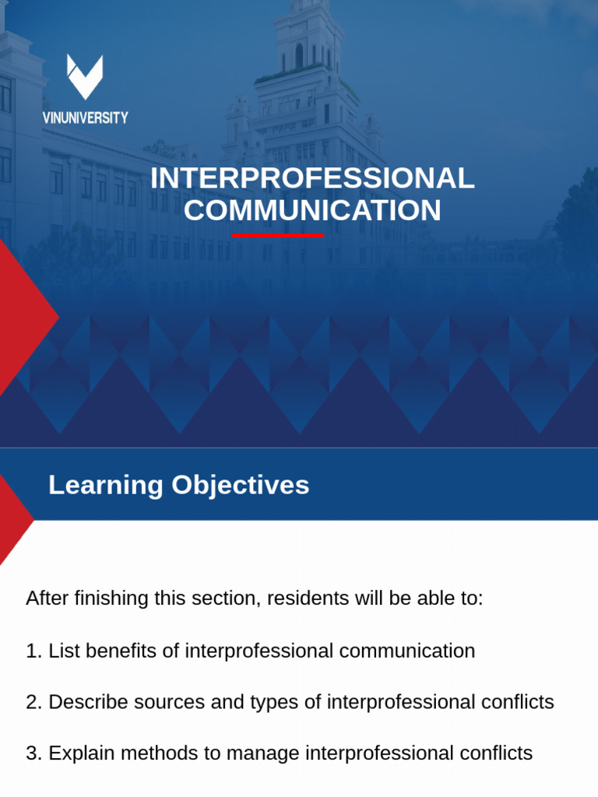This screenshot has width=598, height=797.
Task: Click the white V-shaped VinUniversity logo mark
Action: point(85,76)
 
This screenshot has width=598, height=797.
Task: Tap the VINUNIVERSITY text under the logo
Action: point(85,118)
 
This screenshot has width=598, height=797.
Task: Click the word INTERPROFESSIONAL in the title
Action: point(312,178)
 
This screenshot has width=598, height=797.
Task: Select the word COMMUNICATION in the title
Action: point(312,210)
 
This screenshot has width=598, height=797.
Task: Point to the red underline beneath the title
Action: point(278,234)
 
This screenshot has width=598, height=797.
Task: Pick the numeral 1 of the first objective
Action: point(32,651)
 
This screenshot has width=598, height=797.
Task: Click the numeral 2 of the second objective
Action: point(32,702)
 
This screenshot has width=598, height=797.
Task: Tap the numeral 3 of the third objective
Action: point(32,753)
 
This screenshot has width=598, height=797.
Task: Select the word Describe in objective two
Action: point(83,702)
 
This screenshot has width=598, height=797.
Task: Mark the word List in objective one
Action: point(61,651)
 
